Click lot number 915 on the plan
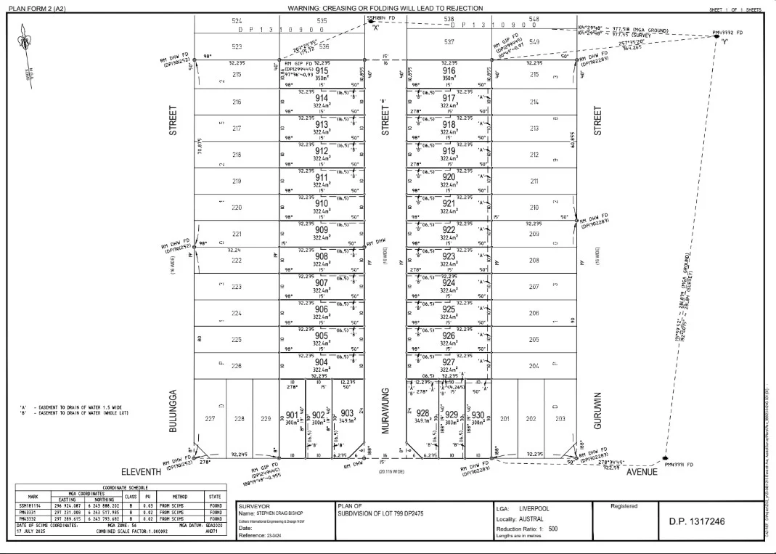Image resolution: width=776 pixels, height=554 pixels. pyautogui.click(x=322, y=70)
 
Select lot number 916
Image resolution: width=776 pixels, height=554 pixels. pyautogui.click(x=449, y=70)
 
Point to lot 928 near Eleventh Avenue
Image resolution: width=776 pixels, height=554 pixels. pyautogui.click(x=422, y=413)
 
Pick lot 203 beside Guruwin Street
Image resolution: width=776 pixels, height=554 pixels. pyautogui.click(x=560, y=418)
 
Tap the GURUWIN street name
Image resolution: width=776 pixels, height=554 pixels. pyautogui.click(x=598, y=411)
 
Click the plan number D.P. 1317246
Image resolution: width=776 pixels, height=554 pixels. pyautogui.click(x=697, y=522)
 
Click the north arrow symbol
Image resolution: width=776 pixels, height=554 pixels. pyautogui.click(x=28, y=44)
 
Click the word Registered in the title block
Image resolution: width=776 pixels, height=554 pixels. pyautogui.click(x=624, y=506)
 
